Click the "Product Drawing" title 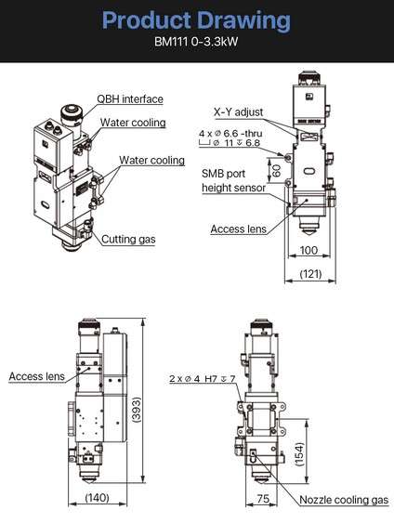196,20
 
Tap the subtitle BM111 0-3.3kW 196,42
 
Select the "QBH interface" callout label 130,99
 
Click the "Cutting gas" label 128,239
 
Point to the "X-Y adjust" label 239,112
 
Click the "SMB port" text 223,174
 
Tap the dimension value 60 277,169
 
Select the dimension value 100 309,250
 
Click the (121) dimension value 310,274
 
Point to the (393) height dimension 137,410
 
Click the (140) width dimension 98,498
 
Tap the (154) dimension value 300,454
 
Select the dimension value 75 263,498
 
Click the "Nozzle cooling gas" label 344,500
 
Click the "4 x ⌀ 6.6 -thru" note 230,134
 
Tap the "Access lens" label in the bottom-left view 36,376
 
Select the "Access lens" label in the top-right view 239,229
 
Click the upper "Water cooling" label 133,123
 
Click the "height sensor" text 233,188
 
